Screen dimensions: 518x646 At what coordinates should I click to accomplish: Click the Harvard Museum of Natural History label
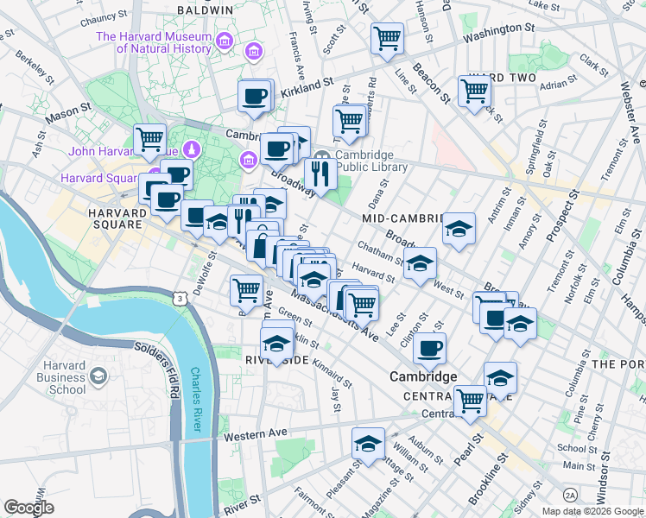point(154,42)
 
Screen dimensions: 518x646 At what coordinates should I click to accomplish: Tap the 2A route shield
point(570,495)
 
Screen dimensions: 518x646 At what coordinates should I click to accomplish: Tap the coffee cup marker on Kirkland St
point(255,97)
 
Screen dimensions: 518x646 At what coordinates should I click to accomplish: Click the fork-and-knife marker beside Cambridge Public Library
point(321,174)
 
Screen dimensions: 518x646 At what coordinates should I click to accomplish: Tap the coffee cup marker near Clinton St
point(429,350)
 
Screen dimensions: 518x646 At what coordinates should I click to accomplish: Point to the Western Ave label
point(255,436)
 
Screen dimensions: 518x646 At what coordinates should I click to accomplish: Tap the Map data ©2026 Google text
point(592,511)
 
